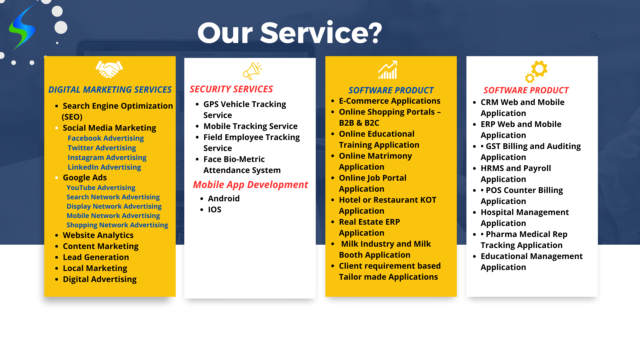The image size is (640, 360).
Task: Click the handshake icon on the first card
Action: pyautogui.click(x=109, y=69)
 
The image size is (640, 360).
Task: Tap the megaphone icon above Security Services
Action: pyautogui.click(x=252, y=71)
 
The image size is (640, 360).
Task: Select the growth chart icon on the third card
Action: pyautogui.click(x=387, y=70)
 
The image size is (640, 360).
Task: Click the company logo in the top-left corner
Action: pyautogui.click(x=22, y=27)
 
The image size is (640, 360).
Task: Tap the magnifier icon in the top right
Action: pyautogui.click(x=594, y=36)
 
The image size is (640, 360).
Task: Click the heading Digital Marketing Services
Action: pyautogui.click(x=110, y=90)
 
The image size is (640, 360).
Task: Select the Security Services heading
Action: pyautogui.click(x=231, y=89)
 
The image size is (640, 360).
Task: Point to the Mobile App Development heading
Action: pyautogui.click(x=251, y=185)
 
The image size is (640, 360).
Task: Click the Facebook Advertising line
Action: pyautogui.click(x=106, y=138)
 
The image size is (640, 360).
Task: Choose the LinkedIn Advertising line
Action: pyautogui.click(x=104, y=167)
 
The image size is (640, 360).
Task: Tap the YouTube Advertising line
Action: pyautogui.click(x=101, y=188)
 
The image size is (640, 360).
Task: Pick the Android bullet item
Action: pyautogui.click(x=224, y=199)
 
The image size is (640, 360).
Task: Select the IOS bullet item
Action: pyautogui.click(x=215, y=210)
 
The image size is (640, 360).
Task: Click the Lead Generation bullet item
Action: pyautogui.click(x=96, y=257)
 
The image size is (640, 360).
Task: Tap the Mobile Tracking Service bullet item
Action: pyautogui.click(x=250, y=126)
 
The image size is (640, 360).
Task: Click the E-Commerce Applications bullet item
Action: pyautogui.click(x=390, y=101)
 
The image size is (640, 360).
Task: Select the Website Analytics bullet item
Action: pyautogui.click(x=98, y=235)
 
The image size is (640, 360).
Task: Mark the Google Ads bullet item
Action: pyautogui.click(x=85, y=178)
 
